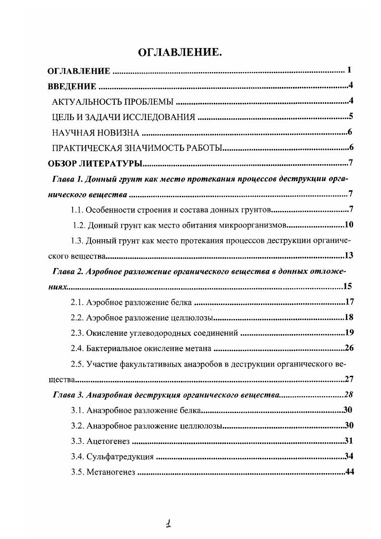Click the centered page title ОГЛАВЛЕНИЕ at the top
tap(180, 52)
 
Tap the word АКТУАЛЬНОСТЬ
tap(86, 102)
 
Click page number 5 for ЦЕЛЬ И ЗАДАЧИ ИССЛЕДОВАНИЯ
tap(351, 116)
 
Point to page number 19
tap(349, 332)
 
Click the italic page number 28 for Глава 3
tap(349, 394)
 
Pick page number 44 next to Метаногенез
tap(349, 471)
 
